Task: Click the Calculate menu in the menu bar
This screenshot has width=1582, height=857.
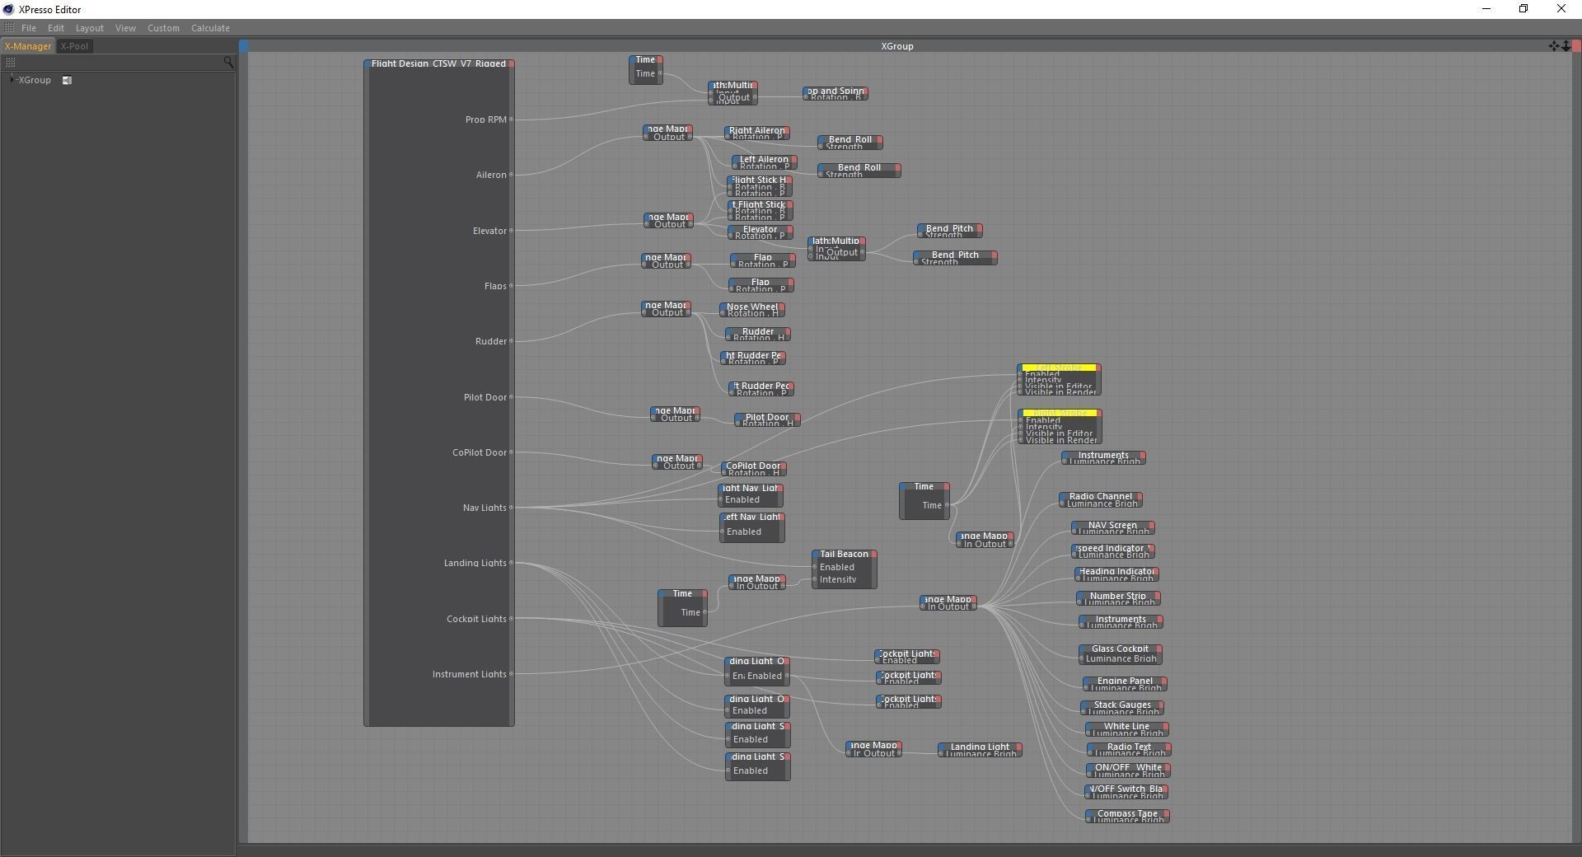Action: [210, 28]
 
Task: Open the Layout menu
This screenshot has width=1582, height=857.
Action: [89, 28]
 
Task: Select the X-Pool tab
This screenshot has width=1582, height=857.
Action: [74, 46]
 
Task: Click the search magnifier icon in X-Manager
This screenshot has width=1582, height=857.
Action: [228, 62]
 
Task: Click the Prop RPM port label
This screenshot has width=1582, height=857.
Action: [485, 119]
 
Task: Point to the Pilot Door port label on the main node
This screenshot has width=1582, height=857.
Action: [484, 397]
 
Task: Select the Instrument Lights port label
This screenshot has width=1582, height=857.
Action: [469, 674]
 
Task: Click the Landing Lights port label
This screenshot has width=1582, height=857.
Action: [475, 563]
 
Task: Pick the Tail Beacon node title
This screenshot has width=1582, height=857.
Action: [844, 554]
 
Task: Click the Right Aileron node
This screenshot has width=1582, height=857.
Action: [756, 131]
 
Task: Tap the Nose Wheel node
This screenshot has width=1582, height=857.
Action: [751, 307]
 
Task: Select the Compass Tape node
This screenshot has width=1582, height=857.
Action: [1127, 813]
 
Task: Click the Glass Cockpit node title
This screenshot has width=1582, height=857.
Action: [1120, 649]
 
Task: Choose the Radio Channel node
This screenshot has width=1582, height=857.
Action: [1100, 497]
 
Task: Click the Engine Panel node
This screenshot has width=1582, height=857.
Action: [1125, 681]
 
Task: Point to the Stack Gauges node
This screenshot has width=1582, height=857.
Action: [1122, 705]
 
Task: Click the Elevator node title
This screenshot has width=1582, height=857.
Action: [760, 230]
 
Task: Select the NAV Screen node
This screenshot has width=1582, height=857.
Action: [1112, 526]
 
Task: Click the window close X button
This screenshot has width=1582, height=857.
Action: [1561, 9]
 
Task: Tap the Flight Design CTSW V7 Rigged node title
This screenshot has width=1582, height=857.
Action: [438, 63]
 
